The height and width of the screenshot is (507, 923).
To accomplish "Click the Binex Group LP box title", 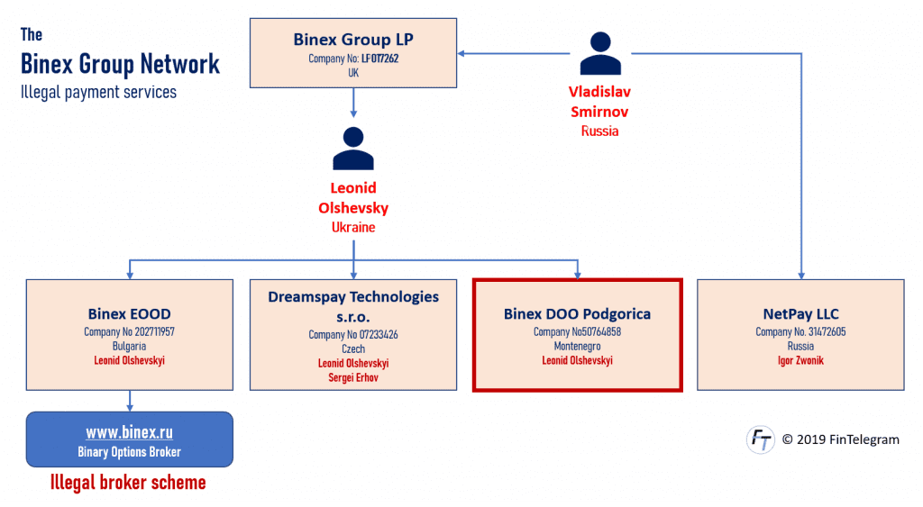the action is pos(353,40).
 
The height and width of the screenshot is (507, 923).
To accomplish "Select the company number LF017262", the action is pos(379,59).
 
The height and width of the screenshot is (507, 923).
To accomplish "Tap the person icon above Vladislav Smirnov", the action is pos(599,53).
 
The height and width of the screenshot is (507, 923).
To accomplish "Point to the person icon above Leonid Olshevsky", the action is pos(353,149).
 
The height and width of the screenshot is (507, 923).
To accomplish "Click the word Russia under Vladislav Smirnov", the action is pos(599,131).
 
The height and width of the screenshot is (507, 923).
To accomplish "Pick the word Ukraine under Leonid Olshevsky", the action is pos(353,227).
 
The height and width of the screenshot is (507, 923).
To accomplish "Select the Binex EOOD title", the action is pos(130,314).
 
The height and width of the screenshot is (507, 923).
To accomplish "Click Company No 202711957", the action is pos(130,331).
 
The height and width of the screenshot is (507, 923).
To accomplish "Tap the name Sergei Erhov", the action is pos(353,377).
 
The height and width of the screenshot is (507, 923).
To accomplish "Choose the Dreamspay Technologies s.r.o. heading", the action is pos(353,306).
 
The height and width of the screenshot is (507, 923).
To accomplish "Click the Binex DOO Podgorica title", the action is pos(577,314).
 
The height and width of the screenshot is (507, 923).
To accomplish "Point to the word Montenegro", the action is pos(577,347).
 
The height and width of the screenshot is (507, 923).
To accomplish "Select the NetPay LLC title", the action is pos(800,314).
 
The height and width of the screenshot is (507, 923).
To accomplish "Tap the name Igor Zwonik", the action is pos(800,360).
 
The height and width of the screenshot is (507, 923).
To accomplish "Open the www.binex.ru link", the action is pos(130,432).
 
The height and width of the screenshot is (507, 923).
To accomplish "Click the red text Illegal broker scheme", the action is pos(128,483).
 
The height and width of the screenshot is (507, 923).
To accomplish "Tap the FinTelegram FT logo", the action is pos(761,439).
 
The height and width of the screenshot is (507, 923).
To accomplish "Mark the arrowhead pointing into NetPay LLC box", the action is pos(801,276).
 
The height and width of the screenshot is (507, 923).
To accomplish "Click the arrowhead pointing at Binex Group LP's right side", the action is pos(461,53).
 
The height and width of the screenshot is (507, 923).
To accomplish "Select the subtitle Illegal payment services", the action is pos(98,93).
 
